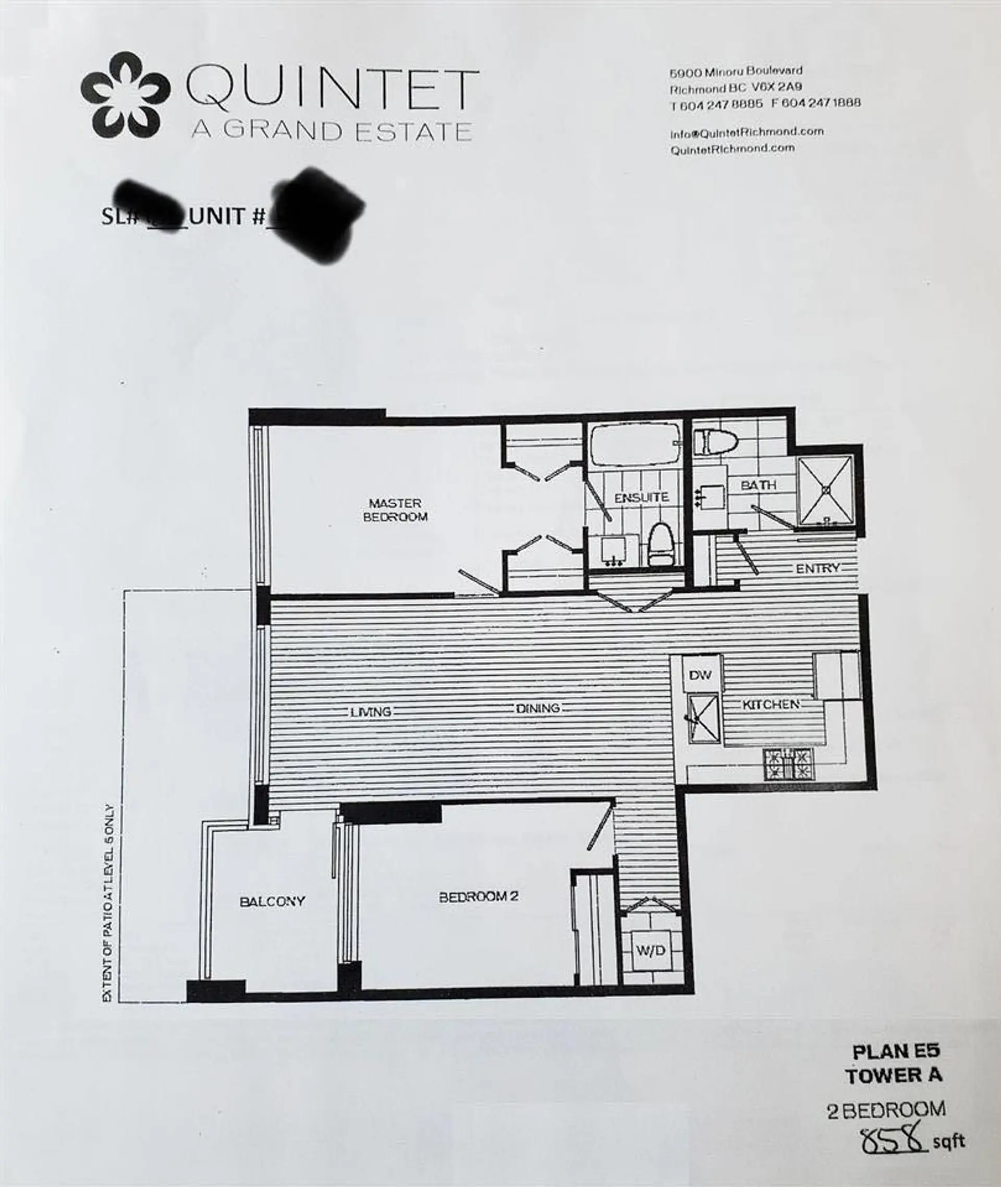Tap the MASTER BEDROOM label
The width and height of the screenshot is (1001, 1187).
[396, 510]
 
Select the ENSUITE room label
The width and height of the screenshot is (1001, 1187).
[642, 498]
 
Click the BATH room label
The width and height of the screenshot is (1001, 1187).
[758, 485]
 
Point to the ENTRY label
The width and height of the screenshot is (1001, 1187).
[817, 568]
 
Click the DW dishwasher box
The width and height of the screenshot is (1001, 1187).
[700, 675]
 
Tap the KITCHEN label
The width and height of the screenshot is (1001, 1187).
[771, 705]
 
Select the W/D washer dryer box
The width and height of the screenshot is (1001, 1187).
[650, 950]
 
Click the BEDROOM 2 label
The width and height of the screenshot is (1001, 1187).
[479, 897]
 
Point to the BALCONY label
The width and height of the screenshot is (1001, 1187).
[272, 901]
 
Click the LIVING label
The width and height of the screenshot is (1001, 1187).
[371, 711]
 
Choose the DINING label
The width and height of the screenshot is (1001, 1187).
[538, 708]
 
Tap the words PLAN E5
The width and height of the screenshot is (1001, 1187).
[896, 1051]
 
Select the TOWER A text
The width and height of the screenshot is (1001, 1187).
[894, 1075]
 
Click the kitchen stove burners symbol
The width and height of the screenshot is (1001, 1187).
[788, 764]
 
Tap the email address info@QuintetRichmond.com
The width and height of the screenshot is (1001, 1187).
[746, 132]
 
